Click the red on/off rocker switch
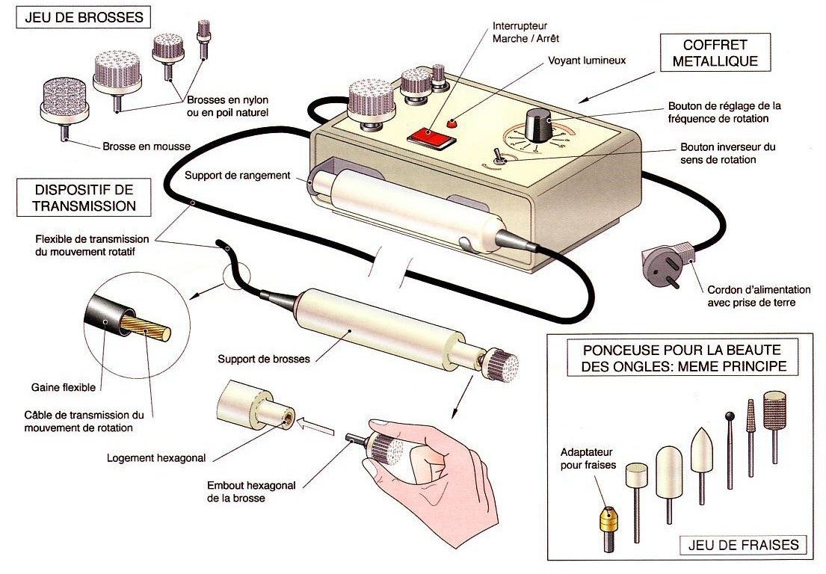430,137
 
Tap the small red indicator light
451,123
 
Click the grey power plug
662,262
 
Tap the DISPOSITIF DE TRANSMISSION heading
78,197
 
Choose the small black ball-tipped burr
730,416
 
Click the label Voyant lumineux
586,61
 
